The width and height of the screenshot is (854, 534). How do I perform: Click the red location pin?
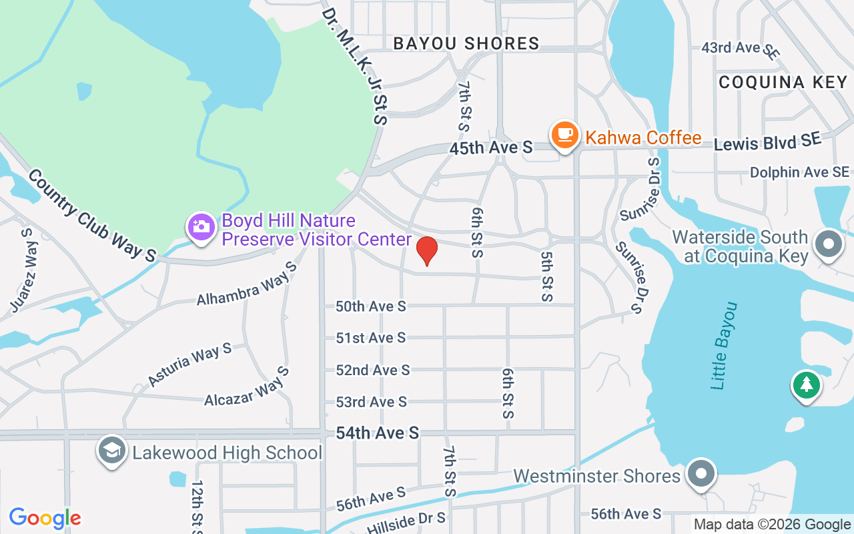coord(427,250)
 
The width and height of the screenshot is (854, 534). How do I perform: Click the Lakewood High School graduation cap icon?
coord(112,451)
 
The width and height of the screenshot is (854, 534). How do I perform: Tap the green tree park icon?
coord(807,384)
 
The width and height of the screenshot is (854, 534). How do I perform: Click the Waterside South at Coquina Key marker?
coord(829,244)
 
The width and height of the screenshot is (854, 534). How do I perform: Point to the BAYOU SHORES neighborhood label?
coord(466,44)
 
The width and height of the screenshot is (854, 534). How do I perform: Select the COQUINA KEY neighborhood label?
coord(783,82)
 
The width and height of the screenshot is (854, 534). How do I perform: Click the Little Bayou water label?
coord(725,346)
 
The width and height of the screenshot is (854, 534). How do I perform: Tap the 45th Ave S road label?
coord(490,148)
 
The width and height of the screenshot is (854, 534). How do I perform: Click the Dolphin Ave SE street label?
coord(799,172)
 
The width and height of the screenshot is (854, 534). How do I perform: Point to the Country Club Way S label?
coord(91,215)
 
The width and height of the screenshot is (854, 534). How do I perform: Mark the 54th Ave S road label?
coord(377,433)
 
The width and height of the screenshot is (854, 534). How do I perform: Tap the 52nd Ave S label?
coord(372,370)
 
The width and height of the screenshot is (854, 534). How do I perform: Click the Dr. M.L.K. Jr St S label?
coord(354,65)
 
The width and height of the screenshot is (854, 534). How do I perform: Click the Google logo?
coord(45,518)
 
